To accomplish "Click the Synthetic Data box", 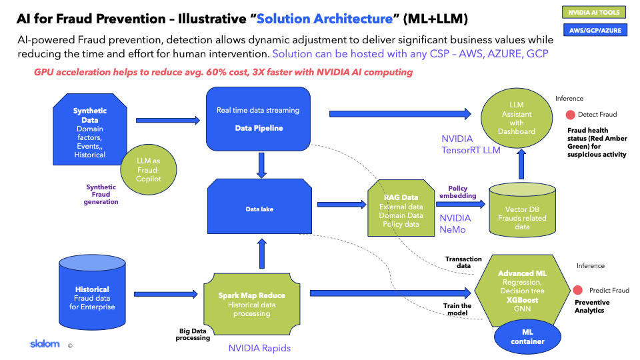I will (89, 127).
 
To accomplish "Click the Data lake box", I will (260, 208).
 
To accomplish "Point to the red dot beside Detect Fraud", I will (571, 114).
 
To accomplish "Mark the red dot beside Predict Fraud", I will (577, 290).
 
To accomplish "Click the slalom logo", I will (44, 344).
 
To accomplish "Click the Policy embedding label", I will (461, 193).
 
